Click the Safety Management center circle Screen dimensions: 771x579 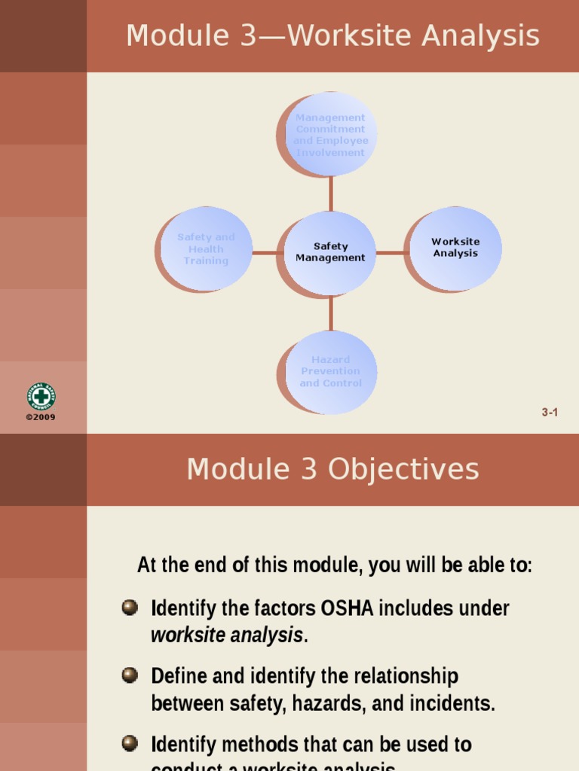(330, 252)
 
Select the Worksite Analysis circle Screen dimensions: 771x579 (455, 248)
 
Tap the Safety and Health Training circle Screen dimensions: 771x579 (206, 248)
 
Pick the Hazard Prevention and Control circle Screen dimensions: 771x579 (330, 371)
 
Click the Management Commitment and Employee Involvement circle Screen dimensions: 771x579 (330, 135)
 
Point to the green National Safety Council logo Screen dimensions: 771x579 (41, 396)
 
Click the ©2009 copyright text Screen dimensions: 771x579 (41, 417)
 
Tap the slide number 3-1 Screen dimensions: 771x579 (550, 412)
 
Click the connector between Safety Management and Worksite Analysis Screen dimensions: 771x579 (391, 253)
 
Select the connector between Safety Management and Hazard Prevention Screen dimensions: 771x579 (330, 314)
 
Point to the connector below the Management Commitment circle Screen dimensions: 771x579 (330, 194)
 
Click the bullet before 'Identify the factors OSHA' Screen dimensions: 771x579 (130, 608)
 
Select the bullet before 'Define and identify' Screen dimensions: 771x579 (130, 675)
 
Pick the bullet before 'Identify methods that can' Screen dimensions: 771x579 (130, 744)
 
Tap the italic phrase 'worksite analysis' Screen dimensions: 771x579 (227, 635)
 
